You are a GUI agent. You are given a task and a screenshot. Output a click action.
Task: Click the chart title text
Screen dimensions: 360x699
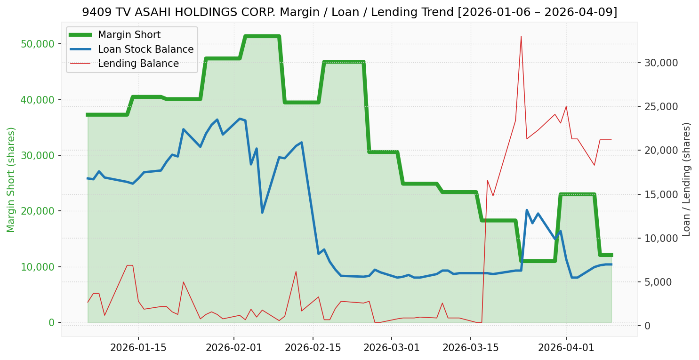349,12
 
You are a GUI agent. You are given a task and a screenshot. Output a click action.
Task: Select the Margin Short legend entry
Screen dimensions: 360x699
129,35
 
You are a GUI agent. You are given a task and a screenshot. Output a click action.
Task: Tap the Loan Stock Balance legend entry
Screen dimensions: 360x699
145,49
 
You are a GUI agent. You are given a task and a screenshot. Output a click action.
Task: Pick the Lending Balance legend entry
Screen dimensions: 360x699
138,64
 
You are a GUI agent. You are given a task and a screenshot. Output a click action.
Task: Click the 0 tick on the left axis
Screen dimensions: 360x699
51,322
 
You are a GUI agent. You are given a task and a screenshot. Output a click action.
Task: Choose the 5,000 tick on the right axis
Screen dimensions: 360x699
658,282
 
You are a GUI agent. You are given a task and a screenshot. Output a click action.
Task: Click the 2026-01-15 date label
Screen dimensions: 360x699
138,348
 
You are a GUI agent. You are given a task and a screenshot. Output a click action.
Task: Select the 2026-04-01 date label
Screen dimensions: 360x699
566,348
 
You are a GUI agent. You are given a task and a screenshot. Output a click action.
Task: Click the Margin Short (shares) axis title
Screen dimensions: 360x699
11,179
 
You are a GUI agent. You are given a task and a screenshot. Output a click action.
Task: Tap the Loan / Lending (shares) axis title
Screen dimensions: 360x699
686,179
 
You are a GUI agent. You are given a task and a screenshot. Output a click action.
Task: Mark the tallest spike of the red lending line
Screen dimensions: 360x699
521,36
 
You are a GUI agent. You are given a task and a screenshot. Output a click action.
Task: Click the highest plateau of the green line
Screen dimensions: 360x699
262,36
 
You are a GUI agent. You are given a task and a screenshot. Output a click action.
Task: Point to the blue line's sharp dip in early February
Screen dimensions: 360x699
262,212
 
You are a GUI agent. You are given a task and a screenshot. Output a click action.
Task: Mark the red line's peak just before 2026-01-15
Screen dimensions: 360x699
129,265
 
